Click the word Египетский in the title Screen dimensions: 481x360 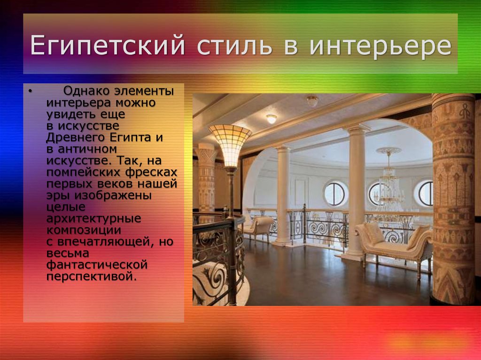pyautogui.click(x=108, y=46)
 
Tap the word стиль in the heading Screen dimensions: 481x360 pyautogui.click(x=234, y=46)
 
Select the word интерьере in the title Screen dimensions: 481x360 pyautogui.click(x=380, y=46)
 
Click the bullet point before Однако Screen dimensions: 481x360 pyautogui.click(x=30, y=91)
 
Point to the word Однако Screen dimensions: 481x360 pyautogui.click(x=86, y=91)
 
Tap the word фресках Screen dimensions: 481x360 pyautogui.click(x=152, y=172)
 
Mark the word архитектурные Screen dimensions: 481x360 pyautogui.click(x=93, y=218)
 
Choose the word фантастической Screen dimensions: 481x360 pyautogui.click(x=97, y=265)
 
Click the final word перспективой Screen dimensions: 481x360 pyautogui.click(x=91, y=276)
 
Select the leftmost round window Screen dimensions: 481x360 pyautogui.click(x=335, y=193)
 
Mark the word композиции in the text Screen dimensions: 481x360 pyautogui.click(x=84, y=230)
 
